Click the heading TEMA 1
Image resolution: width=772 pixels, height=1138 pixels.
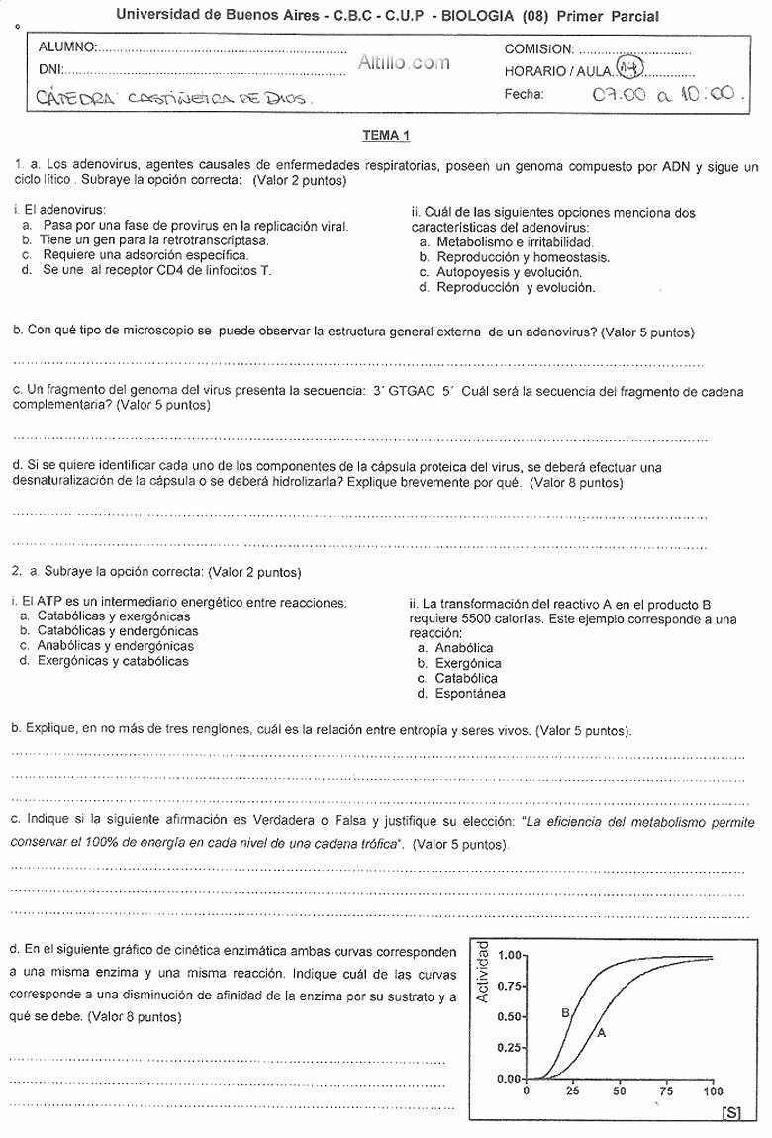(x=386, y=135)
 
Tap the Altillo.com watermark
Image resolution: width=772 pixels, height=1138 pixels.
(x=404, y=62)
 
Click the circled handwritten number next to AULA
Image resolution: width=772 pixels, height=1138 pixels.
(x=629, y=66)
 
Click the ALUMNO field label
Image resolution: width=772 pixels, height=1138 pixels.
(x=67, y=47)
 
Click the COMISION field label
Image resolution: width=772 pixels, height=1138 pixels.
(x=538, y=48)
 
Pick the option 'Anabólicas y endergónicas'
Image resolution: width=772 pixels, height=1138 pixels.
(x=115, y=646)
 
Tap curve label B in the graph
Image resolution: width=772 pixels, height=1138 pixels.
(x=565, y=1012)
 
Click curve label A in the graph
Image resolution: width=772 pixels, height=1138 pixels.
(x=600, y=1032)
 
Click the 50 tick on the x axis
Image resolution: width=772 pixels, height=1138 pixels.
(x=620, y=1091)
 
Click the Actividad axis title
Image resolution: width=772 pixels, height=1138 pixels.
(x=483, y=974)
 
